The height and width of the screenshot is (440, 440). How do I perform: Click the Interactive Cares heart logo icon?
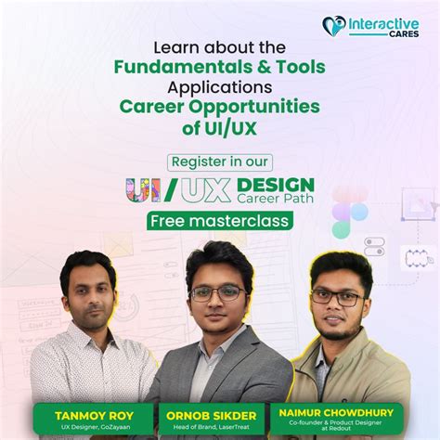click(334, 26)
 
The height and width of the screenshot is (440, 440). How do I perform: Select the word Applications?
click(220, 88)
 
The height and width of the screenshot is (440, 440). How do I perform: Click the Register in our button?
click(219, 160)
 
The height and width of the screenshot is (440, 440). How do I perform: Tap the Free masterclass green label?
click(219, 221)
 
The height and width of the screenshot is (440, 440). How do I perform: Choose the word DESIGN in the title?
click(276, 184)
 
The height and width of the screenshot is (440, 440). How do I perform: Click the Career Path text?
click(276, 198)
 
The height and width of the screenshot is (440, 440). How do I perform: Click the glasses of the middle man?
click(218, 292)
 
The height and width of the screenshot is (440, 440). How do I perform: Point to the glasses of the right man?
click(337, 298)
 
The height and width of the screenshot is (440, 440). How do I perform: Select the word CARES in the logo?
click(397, 36)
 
